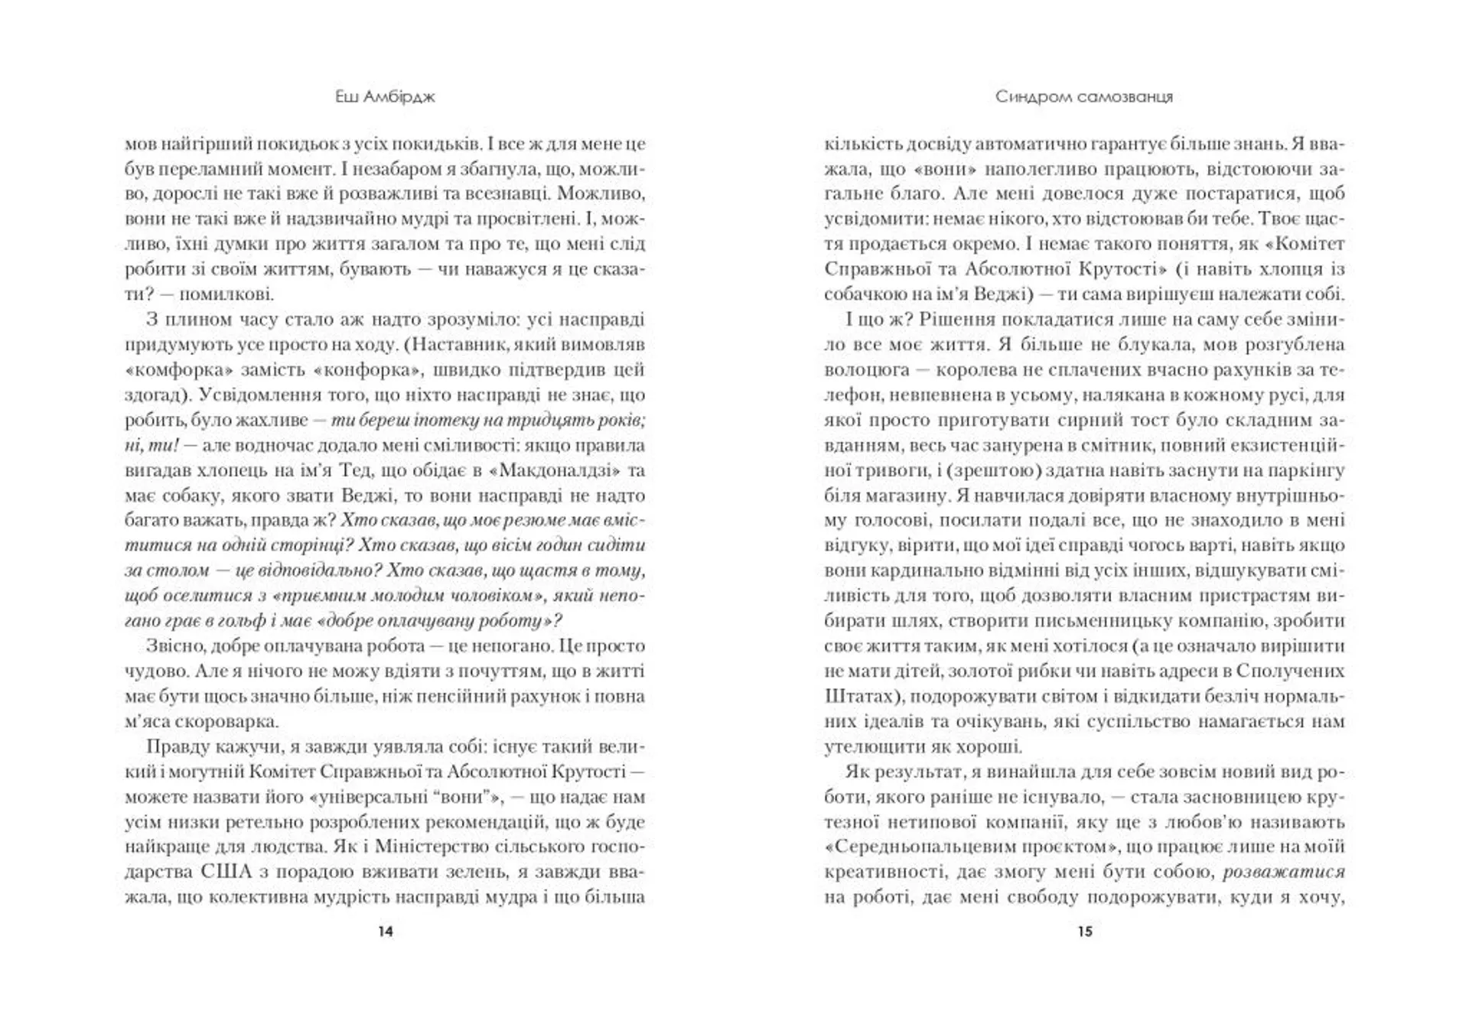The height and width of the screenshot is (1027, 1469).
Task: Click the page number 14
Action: (386, 931)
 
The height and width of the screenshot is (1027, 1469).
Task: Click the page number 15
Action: (1085, 931)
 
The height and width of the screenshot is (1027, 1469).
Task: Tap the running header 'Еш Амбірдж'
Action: (385, 97)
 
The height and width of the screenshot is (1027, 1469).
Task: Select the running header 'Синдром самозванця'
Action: (1084, 97)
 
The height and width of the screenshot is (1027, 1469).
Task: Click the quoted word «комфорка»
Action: (178, 370)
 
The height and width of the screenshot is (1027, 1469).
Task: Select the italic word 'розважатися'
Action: (1284, 872)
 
